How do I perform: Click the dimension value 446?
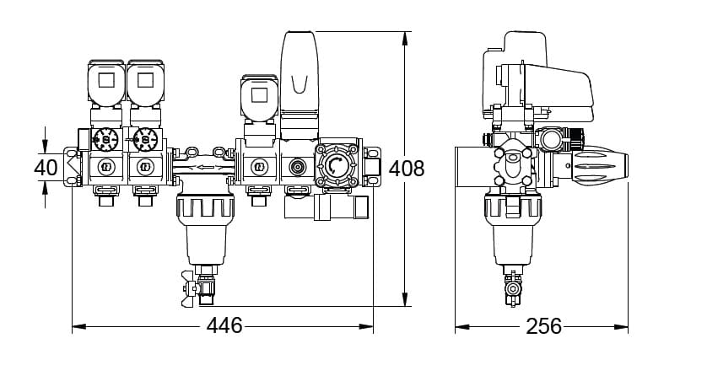pos(224,325)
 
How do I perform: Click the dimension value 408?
pos(407,169)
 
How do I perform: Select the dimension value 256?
pos(544,325)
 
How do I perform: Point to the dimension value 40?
pos(46,168)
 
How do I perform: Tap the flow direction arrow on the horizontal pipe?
pos(206,168)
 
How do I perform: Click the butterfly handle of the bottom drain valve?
pos(189,288)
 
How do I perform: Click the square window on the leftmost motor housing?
pos(106,80)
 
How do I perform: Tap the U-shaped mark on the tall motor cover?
pos(300,84)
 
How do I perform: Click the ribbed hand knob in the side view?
pos(600,166)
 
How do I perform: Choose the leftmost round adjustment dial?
pos(106,139)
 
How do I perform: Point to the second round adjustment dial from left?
pos(145,139)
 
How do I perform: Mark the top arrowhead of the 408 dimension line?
pos(405,38)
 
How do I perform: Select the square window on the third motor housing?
pos(259,95)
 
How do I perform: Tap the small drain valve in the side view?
pos(513,288)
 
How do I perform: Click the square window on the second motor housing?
pos(145,80)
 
